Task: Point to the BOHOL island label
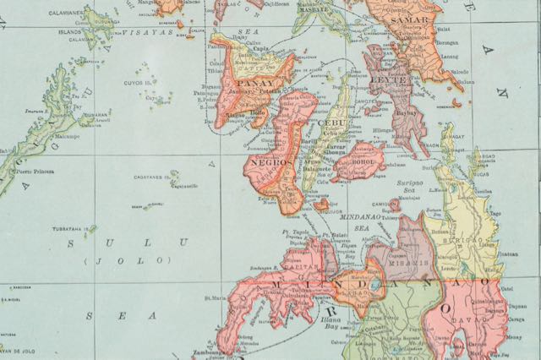point(360,156)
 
